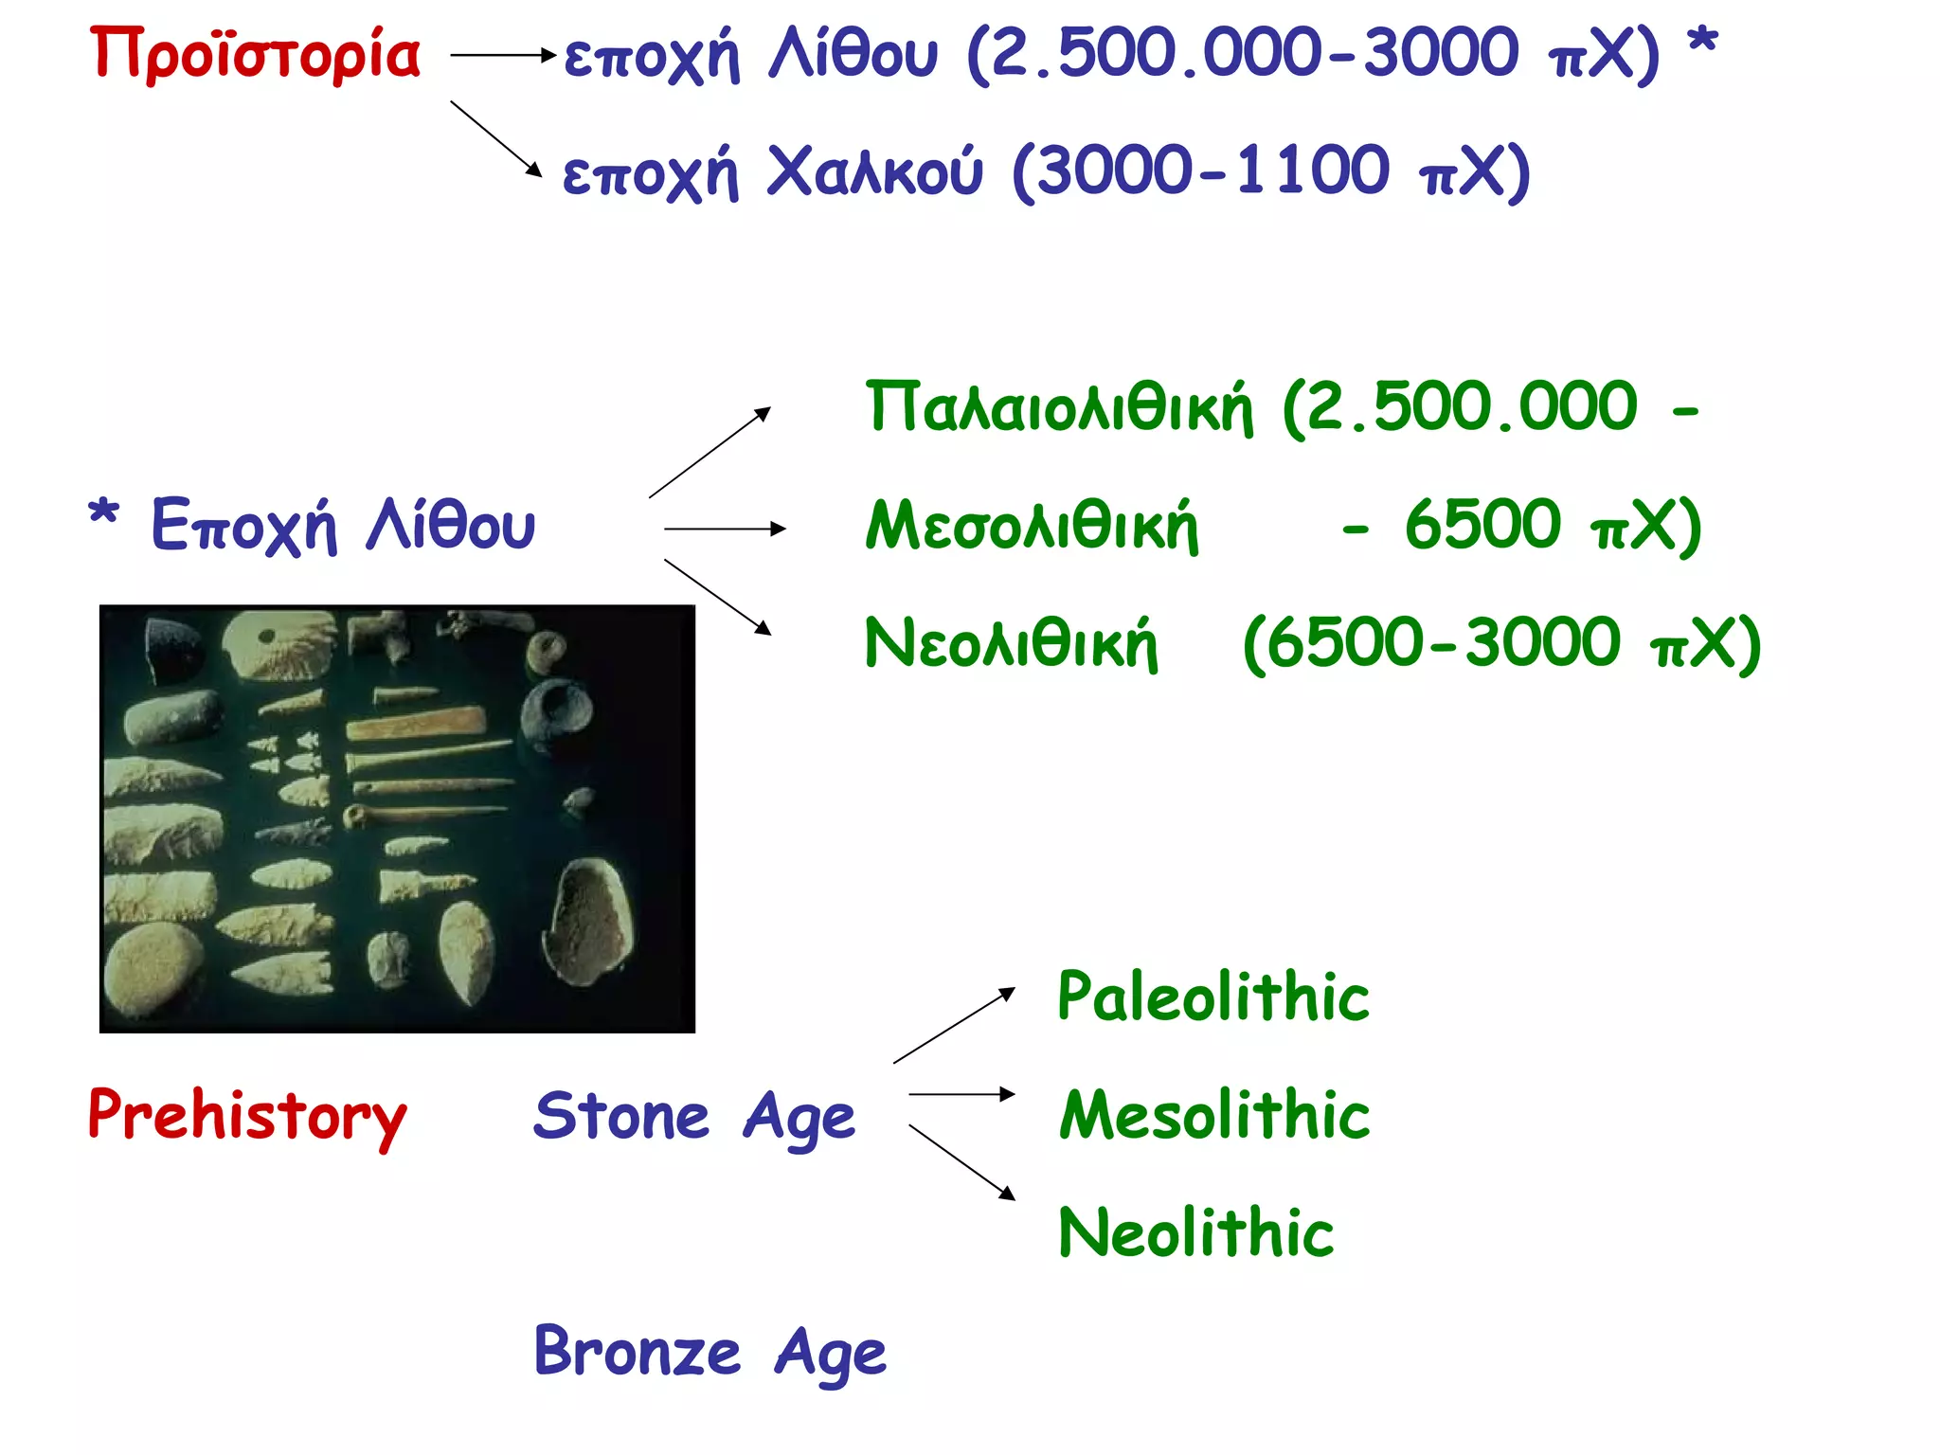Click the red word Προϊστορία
(x=254, y=55)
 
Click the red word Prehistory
(x=247, y=1116)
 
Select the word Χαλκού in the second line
(x=874, y=172)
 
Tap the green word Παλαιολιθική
(x=1059, y=407)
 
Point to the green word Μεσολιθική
(x=1032, y=526)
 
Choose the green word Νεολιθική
(x=1011, y=644)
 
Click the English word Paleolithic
(x=1213, y=997)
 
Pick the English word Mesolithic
(x=1214, y=1115)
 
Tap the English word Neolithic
(x=1195, y=1233)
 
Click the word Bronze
(x=638, y=1351)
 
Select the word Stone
(x=621, y=1116)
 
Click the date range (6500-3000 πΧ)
(x=1501, y=644)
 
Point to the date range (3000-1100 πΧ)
(x=1270, y=172)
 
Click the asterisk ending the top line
(x=1702, y=43)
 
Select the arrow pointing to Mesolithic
(x=961, y=1094)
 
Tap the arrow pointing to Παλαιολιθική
(x=710, y=452)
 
